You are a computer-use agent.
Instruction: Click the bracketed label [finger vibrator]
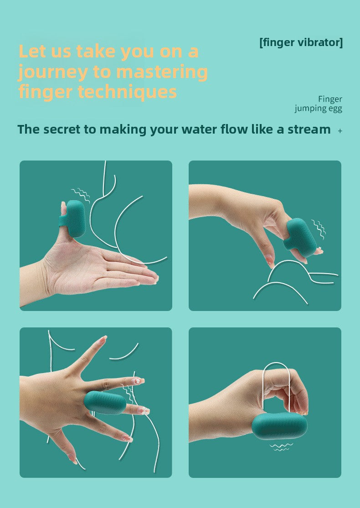pos(301,42)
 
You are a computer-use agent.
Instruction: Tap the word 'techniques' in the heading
pos(127,92)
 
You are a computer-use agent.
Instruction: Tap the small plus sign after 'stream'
pos(340,131)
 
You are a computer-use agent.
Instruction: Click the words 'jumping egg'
pos(318,109)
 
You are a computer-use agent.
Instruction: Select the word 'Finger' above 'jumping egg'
pos(330,99)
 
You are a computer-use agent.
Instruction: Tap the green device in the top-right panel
pos(299,238)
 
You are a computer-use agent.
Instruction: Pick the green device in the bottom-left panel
pos(105,402)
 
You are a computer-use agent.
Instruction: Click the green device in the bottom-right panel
pos(279,426)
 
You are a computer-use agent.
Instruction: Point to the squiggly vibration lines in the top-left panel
pos(81,195)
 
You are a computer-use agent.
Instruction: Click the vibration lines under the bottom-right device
pos(281,447)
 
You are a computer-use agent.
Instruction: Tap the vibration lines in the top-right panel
pos(319,228)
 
